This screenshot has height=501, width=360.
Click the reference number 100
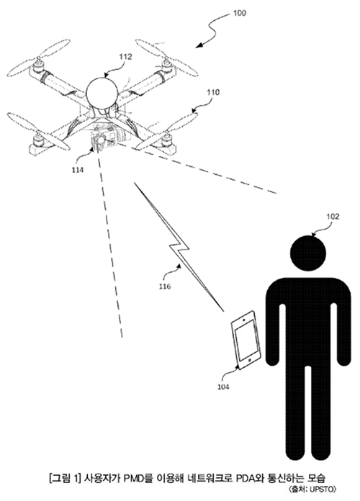[x=240, y=13]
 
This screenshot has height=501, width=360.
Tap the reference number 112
[x=125, y=57]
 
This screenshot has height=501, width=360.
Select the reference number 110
[x=213, y=92]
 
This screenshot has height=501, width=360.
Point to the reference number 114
[x=77, y=170]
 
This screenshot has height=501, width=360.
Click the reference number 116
[x=165, y=286]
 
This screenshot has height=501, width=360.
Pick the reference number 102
[x=333, y=217]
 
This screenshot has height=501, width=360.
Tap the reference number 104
[x=223, y=387]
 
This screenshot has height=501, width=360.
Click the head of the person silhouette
[x=308, y=253]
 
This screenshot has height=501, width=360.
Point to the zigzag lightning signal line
[x=179, y=247]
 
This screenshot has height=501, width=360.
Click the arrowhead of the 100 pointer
[x=199, y=45]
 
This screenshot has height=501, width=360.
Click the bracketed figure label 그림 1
[x=64, y=478]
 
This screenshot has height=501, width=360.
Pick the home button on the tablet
[x=250, y=361]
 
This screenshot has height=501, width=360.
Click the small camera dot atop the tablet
[x=244, y=319]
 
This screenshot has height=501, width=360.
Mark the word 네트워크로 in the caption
[x=210, y=478]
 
